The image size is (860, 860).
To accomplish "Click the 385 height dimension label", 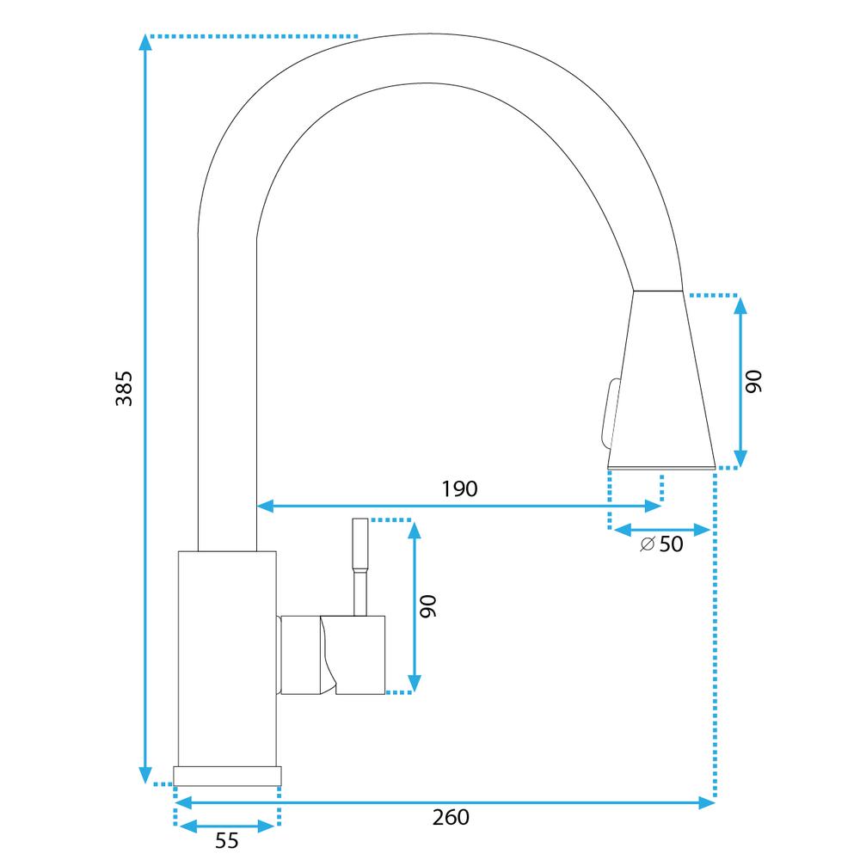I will coord(125,388).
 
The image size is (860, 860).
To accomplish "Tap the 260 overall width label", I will coord(451,816).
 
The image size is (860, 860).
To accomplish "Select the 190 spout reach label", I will coord(459,489).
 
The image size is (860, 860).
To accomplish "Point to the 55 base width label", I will coord(226,841).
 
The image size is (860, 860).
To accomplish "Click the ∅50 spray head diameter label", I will coord(662,544).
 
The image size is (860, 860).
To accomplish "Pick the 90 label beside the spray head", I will coord(753,382).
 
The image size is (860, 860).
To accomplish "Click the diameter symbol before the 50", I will coord(648,544).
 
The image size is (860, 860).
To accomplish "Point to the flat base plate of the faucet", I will coord(227,774).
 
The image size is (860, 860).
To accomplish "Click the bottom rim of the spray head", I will coord(660,467).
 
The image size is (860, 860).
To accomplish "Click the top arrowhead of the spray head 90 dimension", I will coord(741,303).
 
